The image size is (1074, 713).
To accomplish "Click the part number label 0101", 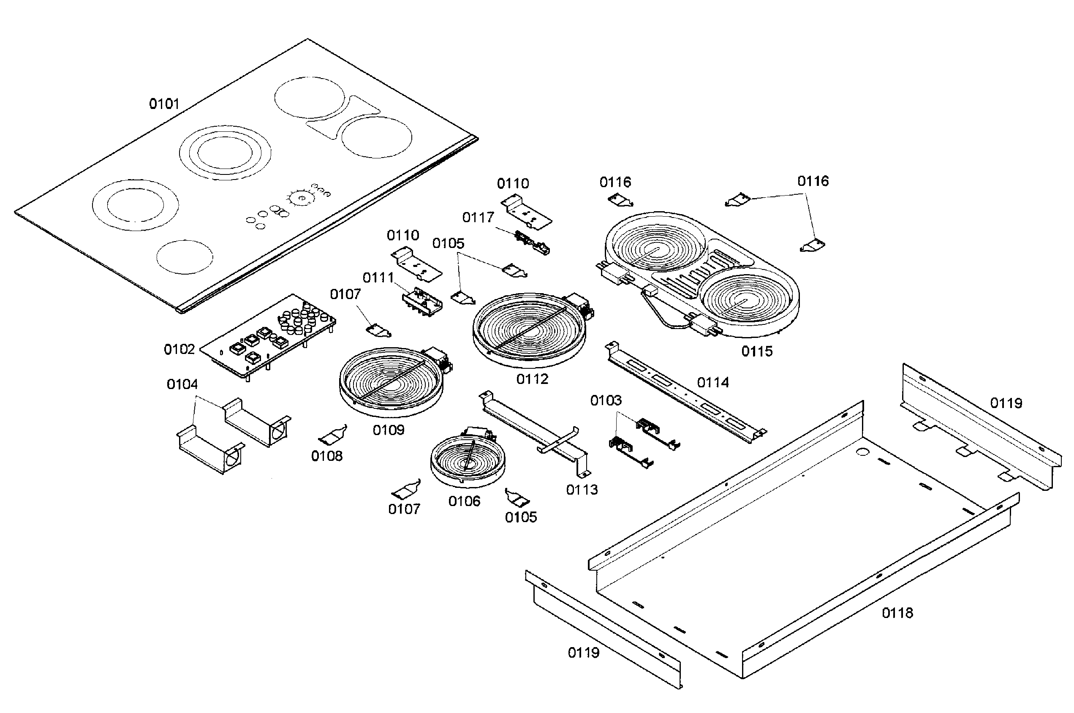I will [x=164, y=104].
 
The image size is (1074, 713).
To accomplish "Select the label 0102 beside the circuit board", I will [x=179, y=349].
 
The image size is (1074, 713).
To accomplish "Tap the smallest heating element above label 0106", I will [x=467, y=460].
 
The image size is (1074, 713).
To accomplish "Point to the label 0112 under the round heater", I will [x=532, y=379].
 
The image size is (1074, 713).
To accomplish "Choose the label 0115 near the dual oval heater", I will [x=757, y=351].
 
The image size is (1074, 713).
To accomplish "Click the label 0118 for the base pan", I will [x=897, y=613].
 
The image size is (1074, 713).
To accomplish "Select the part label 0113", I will [x=582, y=490].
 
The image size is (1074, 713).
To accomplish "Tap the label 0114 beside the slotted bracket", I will [x=712, y=382].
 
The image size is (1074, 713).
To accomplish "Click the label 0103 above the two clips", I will [x=606, y=400].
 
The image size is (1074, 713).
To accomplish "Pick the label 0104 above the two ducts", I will [x=182, y=384].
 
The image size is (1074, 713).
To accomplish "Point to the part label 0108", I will [x=326, y=456].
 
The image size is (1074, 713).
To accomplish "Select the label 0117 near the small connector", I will [x=478, y=218].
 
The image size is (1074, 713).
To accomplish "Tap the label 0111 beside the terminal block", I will [x=378, y=278].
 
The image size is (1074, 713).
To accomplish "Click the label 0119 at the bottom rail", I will [x=583, y=653].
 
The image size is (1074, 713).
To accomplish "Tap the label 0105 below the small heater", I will [x=521, y=517].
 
